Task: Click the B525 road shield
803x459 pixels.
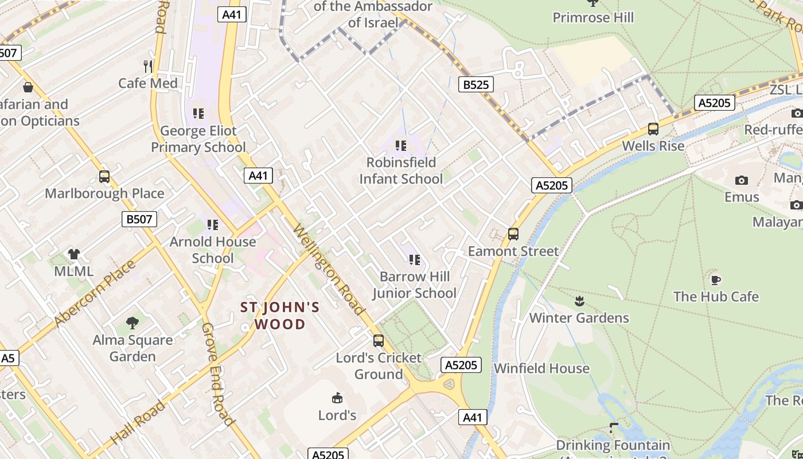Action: click(x=476, y=85)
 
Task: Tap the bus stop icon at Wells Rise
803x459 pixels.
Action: click(x=653, y=129)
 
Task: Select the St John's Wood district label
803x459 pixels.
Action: click(x=280, y=316)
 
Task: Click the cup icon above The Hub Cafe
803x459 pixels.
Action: click(x=715, y=280)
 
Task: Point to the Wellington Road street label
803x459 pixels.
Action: click(x=329, y=270)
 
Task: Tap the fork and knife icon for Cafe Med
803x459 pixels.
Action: click(x=148, y=66)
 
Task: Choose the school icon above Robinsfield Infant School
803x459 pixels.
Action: click(x=401, y=146)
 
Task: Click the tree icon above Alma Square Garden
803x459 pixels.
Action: click(x=132, y=323)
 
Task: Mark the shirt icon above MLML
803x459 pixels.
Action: click(x=73, y=254)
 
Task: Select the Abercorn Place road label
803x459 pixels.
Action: click(x=96, y=294)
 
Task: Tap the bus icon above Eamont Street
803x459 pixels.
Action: click(x=513, y=234)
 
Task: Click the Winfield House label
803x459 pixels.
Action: click(x=541, y=368)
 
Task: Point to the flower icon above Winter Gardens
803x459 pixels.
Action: click(x=579, y=301)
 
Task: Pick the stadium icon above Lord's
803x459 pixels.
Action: click(x=337, y=398)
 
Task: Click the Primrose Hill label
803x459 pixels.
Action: click(x=593, y=17)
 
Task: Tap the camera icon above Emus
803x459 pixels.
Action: click(x=741, y=181)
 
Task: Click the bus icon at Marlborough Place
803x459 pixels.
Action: click(x=104, y=177)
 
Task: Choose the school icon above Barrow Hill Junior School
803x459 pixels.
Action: click(x=415, y=260)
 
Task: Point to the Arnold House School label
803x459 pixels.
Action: click(x=213, y=250)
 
